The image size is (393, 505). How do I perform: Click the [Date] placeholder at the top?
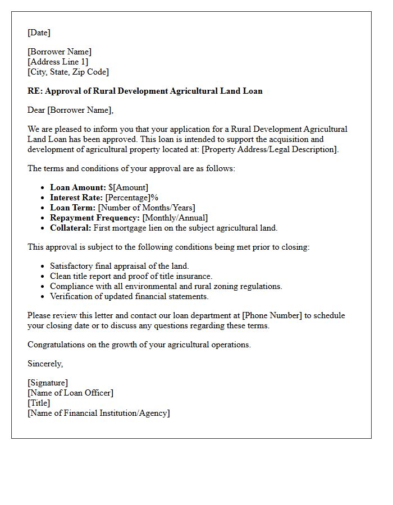tap(39, 33)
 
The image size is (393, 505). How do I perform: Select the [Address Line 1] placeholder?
tap(58, 62)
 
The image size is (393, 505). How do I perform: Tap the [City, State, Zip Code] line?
tap(68, 72)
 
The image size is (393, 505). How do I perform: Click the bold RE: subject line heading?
tap(145, 91)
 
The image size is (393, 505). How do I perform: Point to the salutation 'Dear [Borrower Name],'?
tap(70, 110)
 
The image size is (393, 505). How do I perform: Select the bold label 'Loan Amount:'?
tap(77, 187)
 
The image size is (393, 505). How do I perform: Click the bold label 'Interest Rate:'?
tap(76, 198)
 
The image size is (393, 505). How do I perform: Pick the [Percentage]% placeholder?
tap(132, 198)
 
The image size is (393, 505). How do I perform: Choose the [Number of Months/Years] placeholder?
tap(147, 208)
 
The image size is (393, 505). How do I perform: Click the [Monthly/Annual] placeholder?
tap(175, 218)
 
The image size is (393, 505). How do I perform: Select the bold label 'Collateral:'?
tap(70, 228)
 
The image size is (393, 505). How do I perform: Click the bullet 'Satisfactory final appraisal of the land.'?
tap(119, 266)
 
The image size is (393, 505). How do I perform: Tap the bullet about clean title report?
tap(131, 276)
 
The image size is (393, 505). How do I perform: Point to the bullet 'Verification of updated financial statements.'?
tap(129, 296)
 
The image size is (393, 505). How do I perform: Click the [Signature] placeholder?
tap(48, 383)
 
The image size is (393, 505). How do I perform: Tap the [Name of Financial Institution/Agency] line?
tap(98, 413)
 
